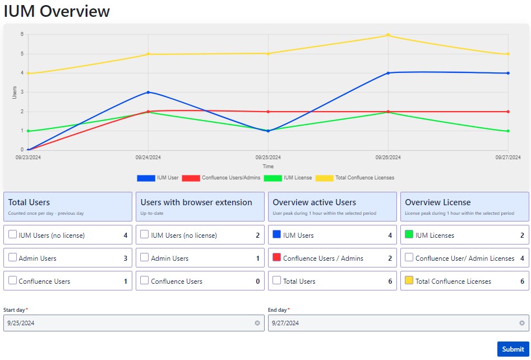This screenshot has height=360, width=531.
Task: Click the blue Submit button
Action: [x=512, y=349]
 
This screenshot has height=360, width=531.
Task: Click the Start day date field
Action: [x=129, y=323]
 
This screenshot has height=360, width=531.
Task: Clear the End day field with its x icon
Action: [x=521, y=323]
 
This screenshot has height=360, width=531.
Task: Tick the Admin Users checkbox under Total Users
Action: [x=12, y=258]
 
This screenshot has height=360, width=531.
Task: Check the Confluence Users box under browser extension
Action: [x=145, y=280]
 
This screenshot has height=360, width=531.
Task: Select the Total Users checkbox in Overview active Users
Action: [x=277, y=280]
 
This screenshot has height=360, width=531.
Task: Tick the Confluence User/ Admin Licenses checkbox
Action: [x=409, y=258]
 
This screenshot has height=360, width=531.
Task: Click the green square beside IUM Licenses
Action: [x=409, y=235]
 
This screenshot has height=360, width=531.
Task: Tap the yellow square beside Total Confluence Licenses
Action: [x=409, y=280]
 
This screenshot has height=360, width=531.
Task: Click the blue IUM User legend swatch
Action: [x=146, y=178]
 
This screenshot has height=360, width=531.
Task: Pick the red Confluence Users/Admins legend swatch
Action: [x=191, y=178]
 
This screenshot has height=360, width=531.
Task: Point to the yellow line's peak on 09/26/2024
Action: [x=388, y=35]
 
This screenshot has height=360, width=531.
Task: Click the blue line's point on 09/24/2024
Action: [x=148, y=92]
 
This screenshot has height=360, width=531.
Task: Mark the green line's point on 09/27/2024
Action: [x=508, y=131]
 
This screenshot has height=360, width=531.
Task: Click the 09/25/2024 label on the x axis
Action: [x=268, y=158]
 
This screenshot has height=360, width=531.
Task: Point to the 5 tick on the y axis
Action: [x=22, y=54]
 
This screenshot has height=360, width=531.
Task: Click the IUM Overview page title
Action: [x=57, y=11]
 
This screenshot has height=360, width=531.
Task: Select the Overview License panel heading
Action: [x=437, y=202]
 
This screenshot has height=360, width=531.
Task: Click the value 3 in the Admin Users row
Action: [x=126, y=259]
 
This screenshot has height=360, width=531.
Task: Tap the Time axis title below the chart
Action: [x=268, y=167]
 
